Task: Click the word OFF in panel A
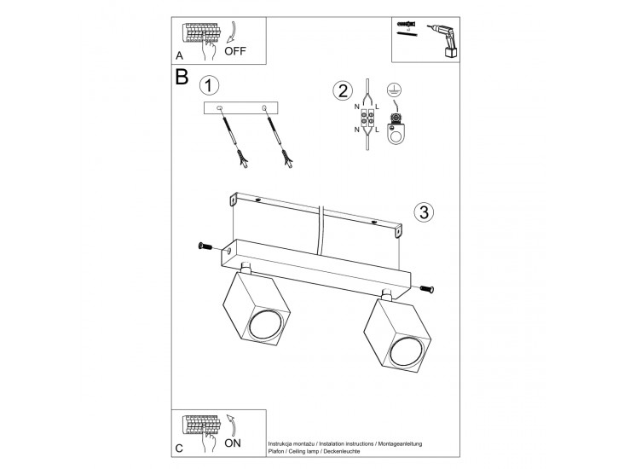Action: (236, 51)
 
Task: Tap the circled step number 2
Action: (343, 91)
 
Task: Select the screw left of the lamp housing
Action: (205, 246)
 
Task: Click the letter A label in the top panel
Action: (179, 55)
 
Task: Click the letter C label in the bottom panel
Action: (179, 448)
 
